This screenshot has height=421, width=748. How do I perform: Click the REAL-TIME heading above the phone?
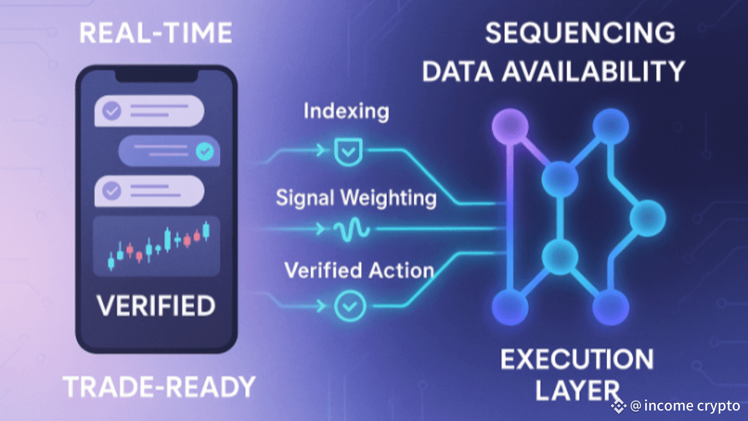[155, 33]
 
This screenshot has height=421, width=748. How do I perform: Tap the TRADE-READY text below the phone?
[159, 388]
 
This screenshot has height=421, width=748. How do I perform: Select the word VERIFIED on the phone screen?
[155, 306]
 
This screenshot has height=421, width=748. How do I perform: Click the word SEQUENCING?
[580, 33]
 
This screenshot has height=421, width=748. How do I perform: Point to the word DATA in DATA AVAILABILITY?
[460, 71]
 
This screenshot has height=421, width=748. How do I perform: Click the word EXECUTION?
[577, 359]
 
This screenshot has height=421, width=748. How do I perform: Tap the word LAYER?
[577, 391]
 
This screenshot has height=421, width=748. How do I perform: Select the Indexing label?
[346, 112]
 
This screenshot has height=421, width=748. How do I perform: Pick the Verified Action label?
[359, 270]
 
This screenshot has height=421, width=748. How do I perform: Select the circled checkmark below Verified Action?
[350, 305]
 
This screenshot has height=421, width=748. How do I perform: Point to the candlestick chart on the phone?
[157, 246]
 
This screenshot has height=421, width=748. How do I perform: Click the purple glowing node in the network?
[510, 125]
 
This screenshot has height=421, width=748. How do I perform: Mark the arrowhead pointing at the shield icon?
[321, 151]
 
